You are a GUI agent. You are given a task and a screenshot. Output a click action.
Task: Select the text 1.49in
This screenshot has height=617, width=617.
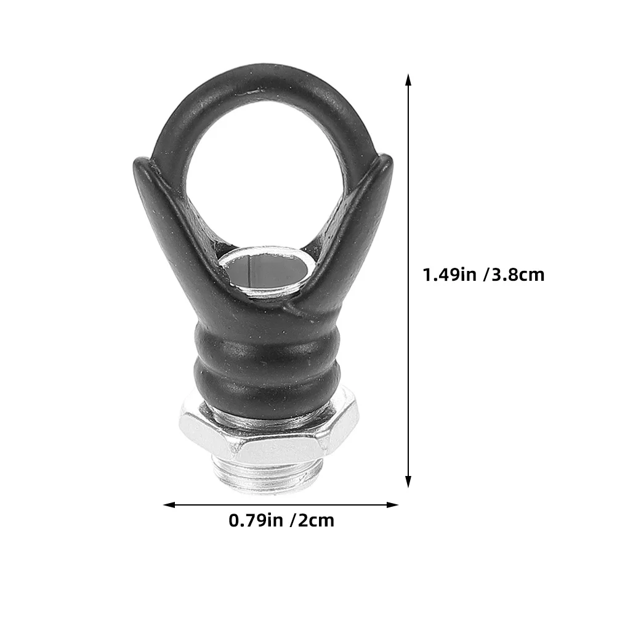[x=450, y=275]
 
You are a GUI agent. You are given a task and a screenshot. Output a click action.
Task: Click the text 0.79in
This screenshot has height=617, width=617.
[x=256, y=520]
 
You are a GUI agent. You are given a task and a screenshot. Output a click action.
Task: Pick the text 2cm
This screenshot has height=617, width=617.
[x=317, y=520]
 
